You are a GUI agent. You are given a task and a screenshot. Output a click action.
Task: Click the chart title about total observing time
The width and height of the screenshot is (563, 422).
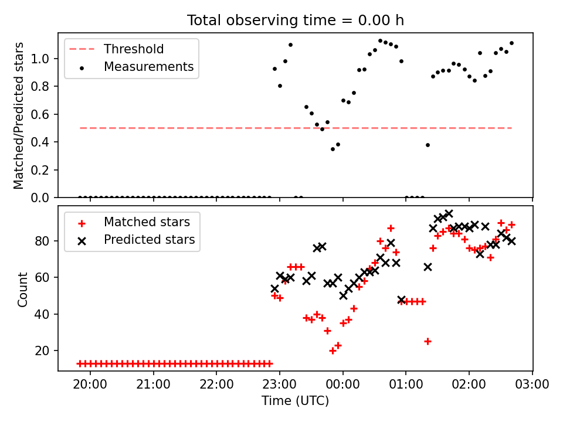click(295, 21)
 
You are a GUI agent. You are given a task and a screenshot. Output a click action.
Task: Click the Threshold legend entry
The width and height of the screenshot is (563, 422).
click(134, 49)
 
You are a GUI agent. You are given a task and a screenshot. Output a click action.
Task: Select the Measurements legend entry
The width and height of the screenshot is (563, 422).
click(148, 67)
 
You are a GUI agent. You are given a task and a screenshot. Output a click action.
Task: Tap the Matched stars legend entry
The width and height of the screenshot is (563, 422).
click(146, 222)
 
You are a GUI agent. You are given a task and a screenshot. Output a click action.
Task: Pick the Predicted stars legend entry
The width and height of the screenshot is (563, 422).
click(149, 240)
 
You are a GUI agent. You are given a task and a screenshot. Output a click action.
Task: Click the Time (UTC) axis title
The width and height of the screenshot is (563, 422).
click(295, 401)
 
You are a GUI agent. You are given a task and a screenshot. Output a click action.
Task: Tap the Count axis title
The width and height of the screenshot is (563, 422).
click(23, 290)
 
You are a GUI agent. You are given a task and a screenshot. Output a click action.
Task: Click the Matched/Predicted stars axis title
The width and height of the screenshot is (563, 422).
click(19, 115)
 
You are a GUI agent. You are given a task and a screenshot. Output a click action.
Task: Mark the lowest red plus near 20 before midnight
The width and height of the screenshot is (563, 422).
click(333, 350)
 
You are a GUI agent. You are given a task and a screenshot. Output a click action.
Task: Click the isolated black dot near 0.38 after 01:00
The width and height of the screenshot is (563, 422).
click(428, 145)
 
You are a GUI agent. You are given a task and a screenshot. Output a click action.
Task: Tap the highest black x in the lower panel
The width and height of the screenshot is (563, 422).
click(449, 214)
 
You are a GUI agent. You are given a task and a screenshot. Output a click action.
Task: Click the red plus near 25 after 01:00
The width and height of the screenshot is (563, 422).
click(428, 341)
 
